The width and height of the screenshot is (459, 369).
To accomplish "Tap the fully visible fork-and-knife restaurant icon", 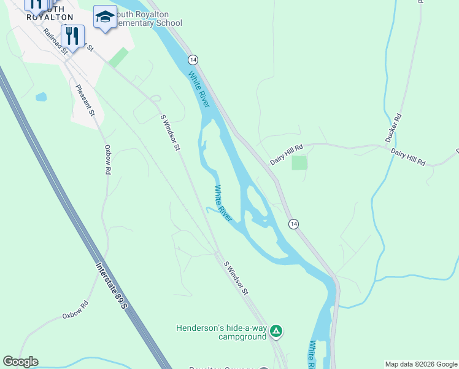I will point(72,36).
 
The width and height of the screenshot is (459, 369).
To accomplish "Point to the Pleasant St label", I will point(85,100).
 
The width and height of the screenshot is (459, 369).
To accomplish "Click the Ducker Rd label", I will point(393,128).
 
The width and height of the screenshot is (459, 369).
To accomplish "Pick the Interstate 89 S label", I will point(112,287).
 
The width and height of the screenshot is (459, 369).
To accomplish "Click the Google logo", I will point(20,362).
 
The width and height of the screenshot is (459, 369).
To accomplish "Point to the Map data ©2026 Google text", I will point(421,364).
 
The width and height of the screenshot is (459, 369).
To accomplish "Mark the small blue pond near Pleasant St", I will point(41,97).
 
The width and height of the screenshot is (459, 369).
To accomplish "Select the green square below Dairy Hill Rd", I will point(299,162).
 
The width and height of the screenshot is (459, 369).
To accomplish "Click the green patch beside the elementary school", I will point(118,57).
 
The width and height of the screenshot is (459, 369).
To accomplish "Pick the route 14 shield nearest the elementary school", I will point(193,59).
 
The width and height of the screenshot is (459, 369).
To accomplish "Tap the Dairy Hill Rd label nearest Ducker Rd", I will point(408,156).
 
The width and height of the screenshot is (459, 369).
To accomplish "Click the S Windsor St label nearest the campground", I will point(236,277).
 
